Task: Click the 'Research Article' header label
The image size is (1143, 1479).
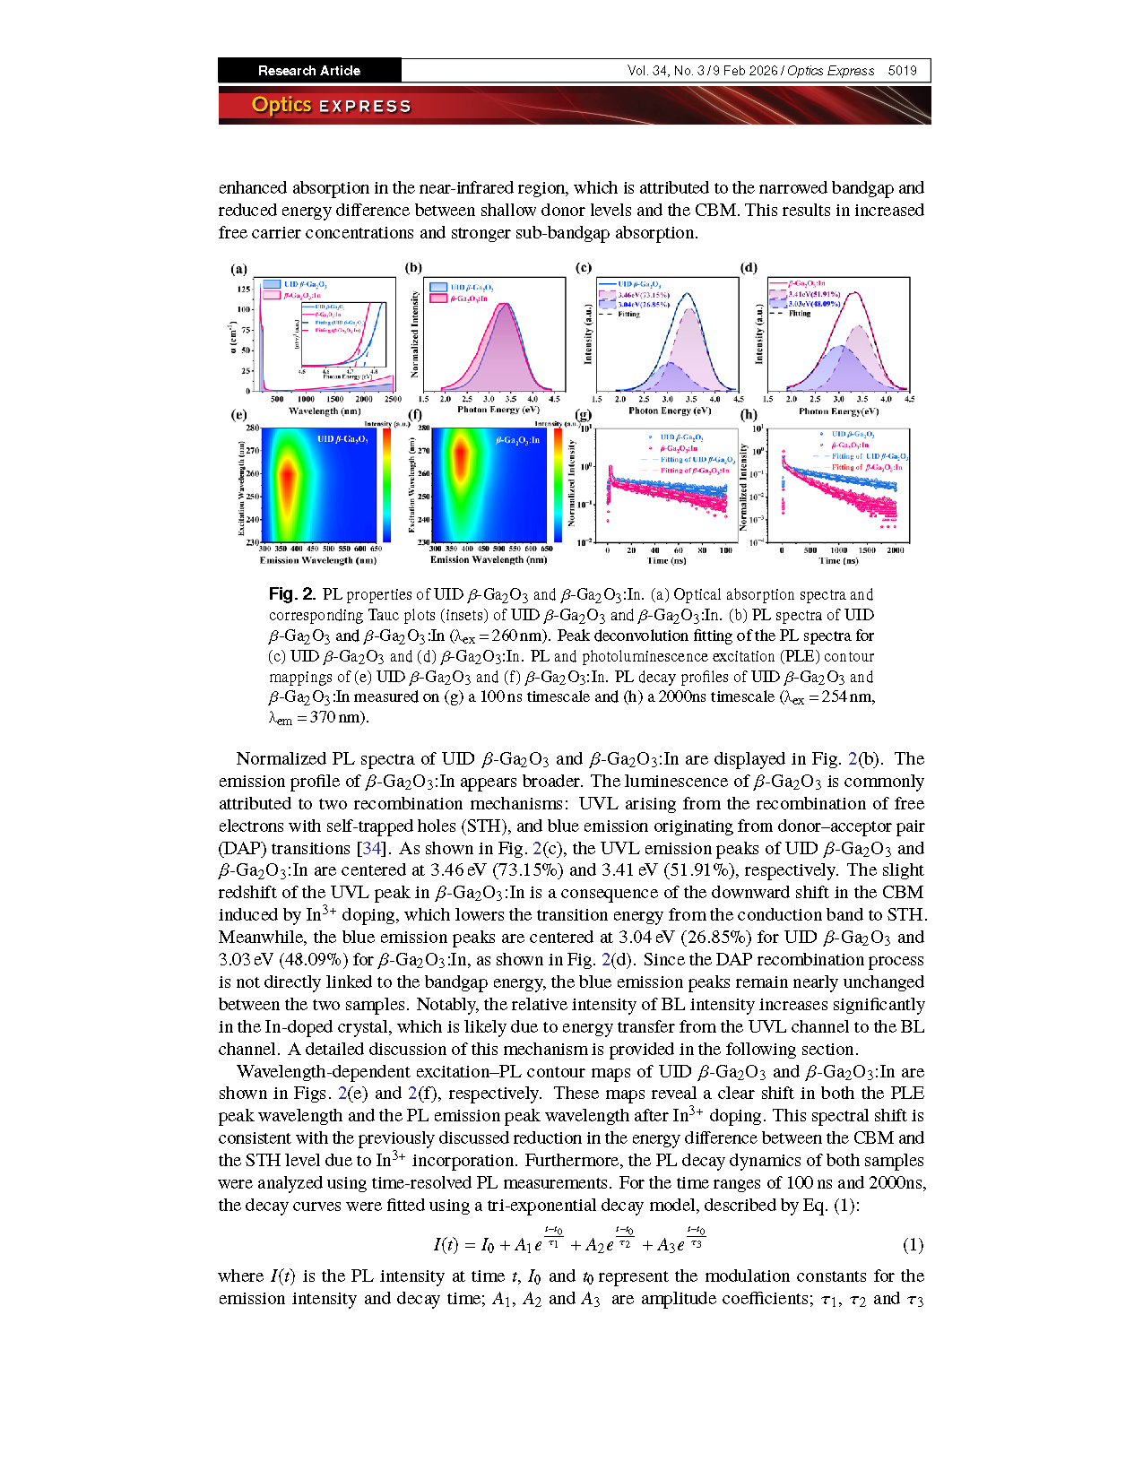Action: click(x=308, y=71)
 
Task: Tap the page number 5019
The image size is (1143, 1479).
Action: click(x=902, y=71)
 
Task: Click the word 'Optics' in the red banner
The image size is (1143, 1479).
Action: click(x=281, y=105)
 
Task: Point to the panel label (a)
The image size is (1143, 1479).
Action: click(x=238, y=268)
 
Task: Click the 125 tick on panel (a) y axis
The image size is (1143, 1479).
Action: click(x=244, y=290)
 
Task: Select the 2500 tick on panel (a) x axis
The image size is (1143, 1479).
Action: click(x=393, y=400)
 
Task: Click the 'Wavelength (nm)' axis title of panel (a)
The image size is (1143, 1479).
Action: click(x=325, y=411)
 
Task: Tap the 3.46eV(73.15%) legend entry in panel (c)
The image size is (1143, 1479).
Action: click(x=643, y=295)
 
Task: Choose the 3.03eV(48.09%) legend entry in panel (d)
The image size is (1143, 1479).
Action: click(x=814, y=304)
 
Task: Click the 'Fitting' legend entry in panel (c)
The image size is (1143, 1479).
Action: click(x=628, y=314)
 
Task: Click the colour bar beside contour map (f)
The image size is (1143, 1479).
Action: click(x=558, y=484)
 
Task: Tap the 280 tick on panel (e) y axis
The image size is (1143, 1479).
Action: click(x=253, y=429)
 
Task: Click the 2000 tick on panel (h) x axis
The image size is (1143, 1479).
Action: click(x=895, y=550)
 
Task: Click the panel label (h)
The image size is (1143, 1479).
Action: click(x=749, y=415)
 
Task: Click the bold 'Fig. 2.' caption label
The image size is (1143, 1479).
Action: click(x=292, y=594)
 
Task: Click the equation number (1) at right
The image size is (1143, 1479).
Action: click(x=913, y=1244)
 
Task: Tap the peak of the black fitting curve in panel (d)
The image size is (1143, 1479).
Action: click(x=856, y=292)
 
